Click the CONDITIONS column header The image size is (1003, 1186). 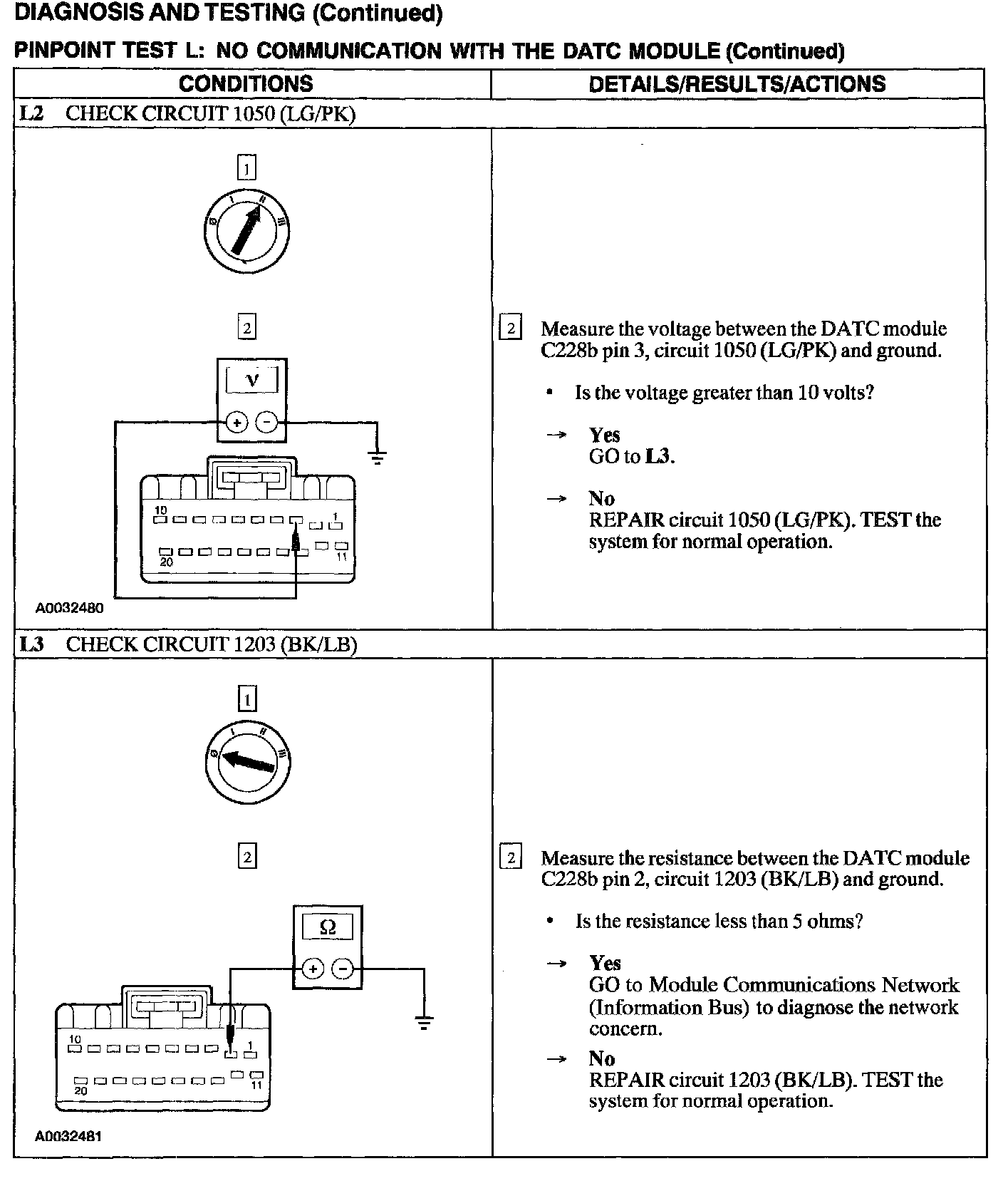tap(246, 84)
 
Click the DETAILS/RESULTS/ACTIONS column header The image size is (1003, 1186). tap(737, 84)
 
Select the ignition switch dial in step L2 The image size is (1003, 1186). tap(246, 232)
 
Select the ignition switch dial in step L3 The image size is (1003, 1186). tap(246, 762)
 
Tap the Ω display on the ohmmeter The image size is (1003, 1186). tap(327, 927)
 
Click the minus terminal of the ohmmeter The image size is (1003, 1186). tap(343, 969)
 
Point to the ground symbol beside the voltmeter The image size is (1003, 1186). tap(378, 456)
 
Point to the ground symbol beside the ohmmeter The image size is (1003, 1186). tap(424, 1023)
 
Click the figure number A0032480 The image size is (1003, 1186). tap(70, 609)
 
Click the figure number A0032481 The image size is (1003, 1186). tap(68, 1136)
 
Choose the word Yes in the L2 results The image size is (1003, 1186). tap(604, 435)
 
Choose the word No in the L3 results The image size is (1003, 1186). tap(601, 1058)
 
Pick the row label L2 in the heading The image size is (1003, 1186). tap(31, 114)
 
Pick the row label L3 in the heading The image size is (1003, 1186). tap(31, 644)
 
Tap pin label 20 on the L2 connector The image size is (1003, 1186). tap(165, 562)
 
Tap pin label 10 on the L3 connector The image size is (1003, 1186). tap(75, 1040)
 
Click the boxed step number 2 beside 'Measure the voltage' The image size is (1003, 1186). tap(510, 329)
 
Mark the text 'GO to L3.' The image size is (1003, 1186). tap(631, 456)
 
